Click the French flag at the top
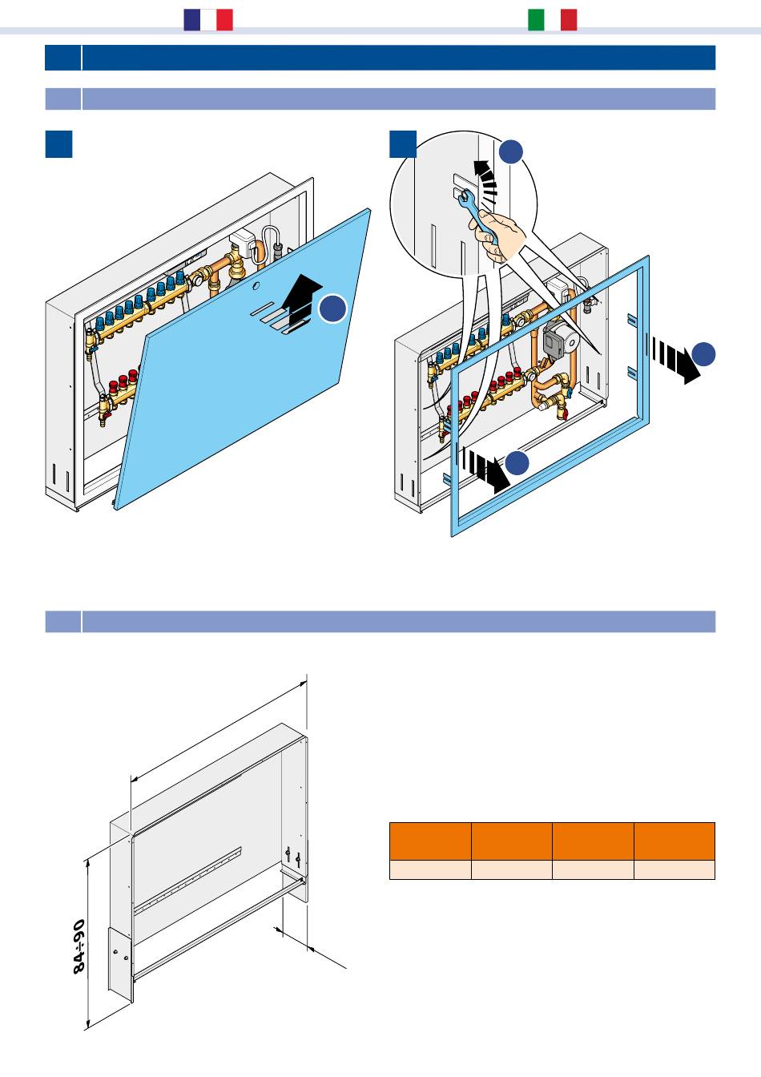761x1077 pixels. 208,20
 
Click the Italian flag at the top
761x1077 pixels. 553,20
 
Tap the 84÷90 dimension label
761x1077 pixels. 79,946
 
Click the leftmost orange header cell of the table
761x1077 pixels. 430,841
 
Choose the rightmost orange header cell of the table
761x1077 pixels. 674,841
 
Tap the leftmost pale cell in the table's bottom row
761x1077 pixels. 430,870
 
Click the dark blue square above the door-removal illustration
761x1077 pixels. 59,144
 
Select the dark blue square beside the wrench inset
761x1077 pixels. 402,144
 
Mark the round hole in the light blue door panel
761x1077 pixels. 255,286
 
